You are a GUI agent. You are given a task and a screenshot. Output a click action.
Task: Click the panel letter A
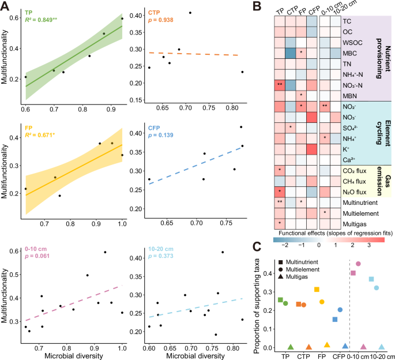pyautogui.click(x=5, y=6)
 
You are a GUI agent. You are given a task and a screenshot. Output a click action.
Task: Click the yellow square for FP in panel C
pyautogui.click(x=317, y=290)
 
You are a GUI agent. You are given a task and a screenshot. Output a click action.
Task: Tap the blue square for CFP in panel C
pyautogui.click(x=334, y=319)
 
